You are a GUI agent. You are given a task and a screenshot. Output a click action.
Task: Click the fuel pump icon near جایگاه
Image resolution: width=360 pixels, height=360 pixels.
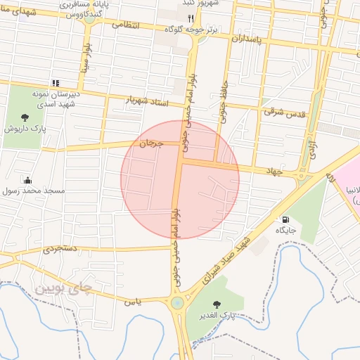point(284,219)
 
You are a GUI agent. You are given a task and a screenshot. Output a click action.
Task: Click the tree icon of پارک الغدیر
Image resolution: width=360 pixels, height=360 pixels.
point(216,304)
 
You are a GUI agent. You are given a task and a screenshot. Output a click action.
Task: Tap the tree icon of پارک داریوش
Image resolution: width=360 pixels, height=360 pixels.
point(25,117)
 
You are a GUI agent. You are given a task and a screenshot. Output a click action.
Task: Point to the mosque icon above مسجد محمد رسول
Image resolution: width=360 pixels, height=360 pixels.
point(27,180)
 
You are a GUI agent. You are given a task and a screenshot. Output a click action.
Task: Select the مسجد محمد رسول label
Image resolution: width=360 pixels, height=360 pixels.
point(34,191)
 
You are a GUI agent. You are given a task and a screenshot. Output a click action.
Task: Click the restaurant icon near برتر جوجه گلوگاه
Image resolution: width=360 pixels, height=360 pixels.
point(190,18)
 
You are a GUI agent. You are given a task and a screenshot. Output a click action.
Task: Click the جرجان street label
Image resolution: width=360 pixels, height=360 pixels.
point(151,143)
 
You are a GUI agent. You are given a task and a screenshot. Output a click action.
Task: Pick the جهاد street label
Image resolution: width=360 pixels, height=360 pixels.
point(273,170)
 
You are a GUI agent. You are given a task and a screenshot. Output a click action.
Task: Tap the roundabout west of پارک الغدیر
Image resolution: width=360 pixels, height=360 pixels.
point(176,304)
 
